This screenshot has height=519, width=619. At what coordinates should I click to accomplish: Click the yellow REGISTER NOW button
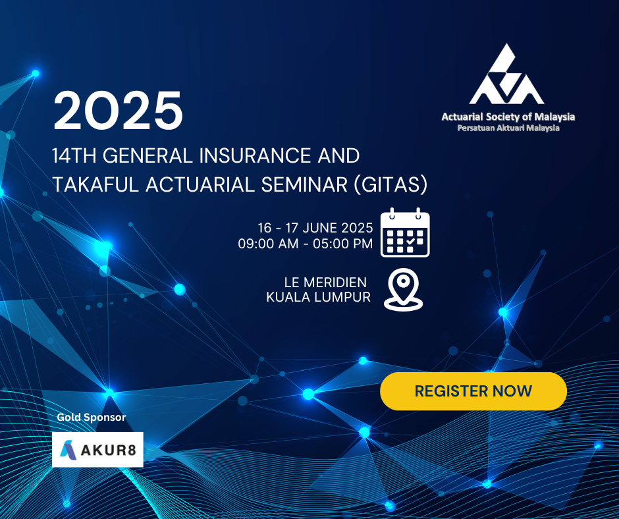[x=473, y=391]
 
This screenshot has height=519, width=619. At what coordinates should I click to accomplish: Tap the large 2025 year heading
[x=118, y=111]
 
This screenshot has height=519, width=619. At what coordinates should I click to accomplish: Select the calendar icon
[x=405, y=232]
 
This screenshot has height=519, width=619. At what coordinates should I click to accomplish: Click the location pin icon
[x=403, y=290]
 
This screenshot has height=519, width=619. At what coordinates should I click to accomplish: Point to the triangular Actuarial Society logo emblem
[x=506, y=74]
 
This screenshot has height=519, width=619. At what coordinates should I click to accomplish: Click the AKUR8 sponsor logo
[x=97, y=449]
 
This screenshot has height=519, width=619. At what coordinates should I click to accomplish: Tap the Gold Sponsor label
[x=91, y=417]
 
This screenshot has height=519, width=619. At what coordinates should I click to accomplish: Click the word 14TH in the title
[x=74, y=155]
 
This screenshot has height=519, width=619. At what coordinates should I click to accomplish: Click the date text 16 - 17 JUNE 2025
[x=315, y=228]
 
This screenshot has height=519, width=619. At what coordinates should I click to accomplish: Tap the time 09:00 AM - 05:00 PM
[x=305, y=244]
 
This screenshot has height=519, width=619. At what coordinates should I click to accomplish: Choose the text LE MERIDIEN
[x=325, y=283]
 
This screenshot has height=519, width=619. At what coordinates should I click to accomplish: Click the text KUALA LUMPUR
[x=318, y=297]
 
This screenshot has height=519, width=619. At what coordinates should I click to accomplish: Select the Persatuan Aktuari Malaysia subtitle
[x=508, y=128]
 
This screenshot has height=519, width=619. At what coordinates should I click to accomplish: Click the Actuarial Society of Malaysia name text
[x=508, y=117]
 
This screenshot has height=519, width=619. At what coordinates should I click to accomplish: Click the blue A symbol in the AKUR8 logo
[x=68, y=450]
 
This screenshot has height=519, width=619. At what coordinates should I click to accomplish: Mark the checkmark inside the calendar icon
[x=410, y=240]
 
